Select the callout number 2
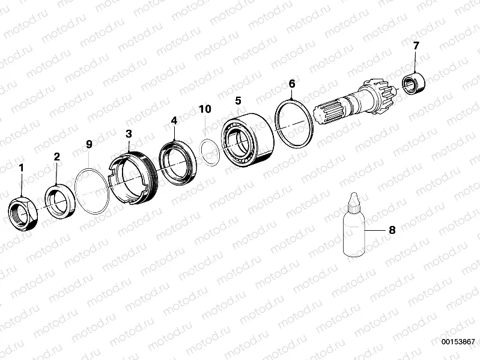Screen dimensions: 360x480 pos(57,157)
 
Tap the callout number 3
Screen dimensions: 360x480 pos(129,134)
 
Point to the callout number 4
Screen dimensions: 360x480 pos(174,121)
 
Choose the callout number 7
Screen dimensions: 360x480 pos(416,46)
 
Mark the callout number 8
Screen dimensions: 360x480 pos(392,230)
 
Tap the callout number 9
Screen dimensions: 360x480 pos(90,144)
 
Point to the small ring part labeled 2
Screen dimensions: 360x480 pos(59,200)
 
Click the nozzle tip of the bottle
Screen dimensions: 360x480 pos(353,196)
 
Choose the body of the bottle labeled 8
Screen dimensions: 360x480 pos(353,234)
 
